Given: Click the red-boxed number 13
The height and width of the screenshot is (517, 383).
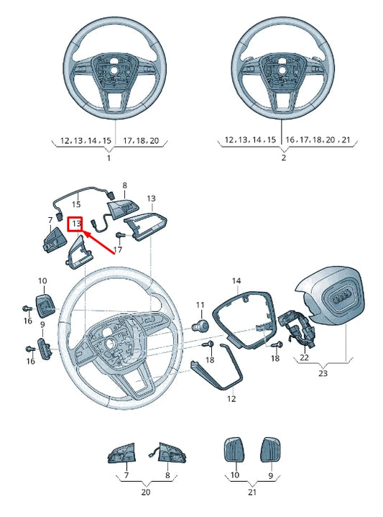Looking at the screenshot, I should coord(76,225).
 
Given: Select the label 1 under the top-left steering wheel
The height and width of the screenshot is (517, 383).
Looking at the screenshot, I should coord(109,157).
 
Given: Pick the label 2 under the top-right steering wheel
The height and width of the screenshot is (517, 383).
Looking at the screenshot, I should coord(283,157).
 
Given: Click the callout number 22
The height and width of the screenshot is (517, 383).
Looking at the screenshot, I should coord(304,357).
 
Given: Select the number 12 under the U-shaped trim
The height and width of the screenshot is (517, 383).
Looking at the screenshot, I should coord(231,398).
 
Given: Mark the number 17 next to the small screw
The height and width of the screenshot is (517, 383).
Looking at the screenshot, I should coord(118,249).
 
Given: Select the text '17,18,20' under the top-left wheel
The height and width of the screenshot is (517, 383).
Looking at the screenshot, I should coord(141,139).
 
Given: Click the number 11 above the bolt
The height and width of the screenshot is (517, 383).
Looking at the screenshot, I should coord(200,305).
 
